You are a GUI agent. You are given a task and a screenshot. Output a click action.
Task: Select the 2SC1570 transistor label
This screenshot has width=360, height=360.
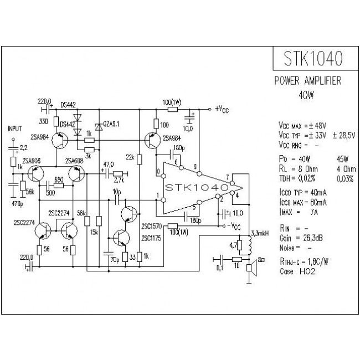[151, 227]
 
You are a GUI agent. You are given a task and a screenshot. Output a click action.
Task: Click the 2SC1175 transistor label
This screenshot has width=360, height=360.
[151, 238]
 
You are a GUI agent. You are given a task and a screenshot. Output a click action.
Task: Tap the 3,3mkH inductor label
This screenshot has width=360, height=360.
[260, 233]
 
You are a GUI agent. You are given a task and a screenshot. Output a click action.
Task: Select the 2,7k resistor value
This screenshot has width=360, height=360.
[118, 181]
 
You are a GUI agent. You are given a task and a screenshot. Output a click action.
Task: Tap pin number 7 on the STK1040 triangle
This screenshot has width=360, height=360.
[228, 178]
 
